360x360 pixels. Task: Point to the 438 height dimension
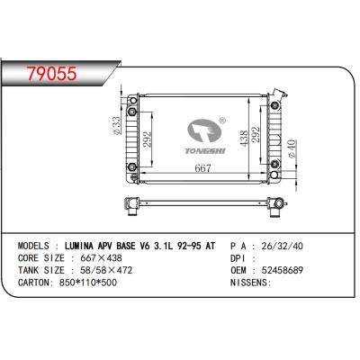[242, 138]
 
